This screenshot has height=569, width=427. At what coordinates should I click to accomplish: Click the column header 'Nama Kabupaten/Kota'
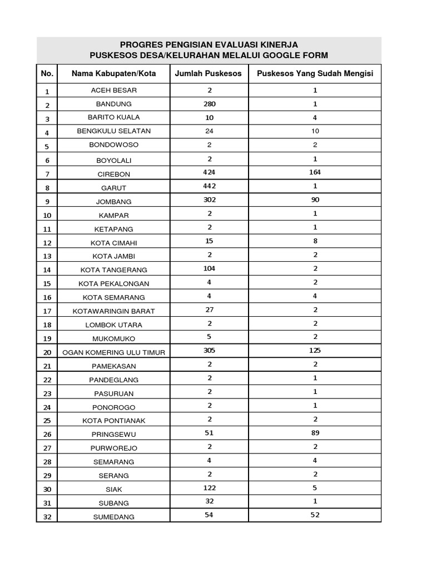[x=113, y=73]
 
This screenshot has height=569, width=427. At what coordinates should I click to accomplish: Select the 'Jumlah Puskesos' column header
[x=208, y=73]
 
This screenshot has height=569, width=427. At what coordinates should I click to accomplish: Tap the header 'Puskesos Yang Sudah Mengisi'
[x=315, y=73]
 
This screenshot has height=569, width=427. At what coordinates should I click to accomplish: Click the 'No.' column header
[x=47, y=73]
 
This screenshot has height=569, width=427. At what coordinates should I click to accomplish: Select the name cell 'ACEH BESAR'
[x=113, y=90]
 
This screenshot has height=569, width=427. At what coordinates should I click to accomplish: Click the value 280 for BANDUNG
[x=210, y=104]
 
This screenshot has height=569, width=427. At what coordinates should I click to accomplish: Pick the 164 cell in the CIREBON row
[x=315, y=172]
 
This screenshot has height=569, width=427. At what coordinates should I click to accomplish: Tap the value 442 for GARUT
[x=210, y=186]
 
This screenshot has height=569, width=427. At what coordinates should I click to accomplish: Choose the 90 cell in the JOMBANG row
[x=315, y=199]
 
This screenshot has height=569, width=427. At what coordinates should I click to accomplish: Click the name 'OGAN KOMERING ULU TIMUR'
[x=113, y=352]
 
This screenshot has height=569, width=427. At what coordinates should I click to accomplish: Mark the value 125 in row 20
[x=315, y=350]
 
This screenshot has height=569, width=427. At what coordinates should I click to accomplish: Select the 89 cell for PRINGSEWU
[x=315, y=432]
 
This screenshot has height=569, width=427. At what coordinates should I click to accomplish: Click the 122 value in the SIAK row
[x=210, y=487]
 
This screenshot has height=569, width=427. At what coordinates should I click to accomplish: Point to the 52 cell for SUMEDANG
[x=315, y=515]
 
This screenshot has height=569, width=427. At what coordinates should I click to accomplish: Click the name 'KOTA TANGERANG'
[x=113, y=270]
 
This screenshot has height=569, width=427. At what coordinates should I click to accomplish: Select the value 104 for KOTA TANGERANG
[x=210, y=268]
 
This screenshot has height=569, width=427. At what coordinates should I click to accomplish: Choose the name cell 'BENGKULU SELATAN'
[x=113, y=131]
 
